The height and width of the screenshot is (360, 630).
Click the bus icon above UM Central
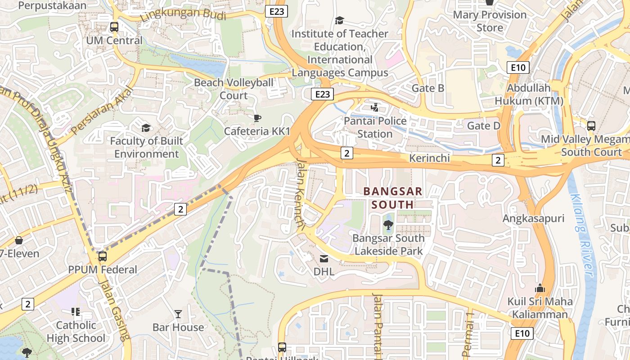pos(114,27)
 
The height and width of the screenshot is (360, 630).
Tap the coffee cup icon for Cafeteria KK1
pos(257,118)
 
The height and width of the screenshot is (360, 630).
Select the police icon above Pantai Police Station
pos(374,108)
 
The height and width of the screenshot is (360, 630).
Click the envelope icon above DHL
pos(324,259)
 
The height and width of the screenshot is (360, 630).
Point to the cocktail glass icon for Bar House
pos(178,314)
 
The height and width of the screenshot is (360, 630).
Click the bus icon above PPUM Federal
pos(103,256)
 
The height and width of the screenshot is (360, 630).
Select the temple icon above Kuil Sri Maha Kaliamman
pos(540,288)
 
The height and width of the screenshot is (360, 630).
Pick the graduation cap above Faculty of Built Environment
pos(146,128)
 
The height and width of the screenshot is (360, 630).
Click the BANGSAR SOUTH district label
pos(393,198)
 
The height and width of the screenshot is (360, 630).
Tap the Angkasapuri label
pos(533,219)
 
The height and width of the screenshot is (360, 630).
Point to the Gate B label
pos(428,88)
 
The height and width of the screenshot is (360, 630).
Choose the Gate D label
pos(484,126)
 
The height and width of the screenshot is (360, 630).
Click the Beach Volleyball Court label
pos(234,89)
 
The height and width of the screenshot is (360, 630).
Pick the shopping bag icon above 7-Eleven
pos(19,241)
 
